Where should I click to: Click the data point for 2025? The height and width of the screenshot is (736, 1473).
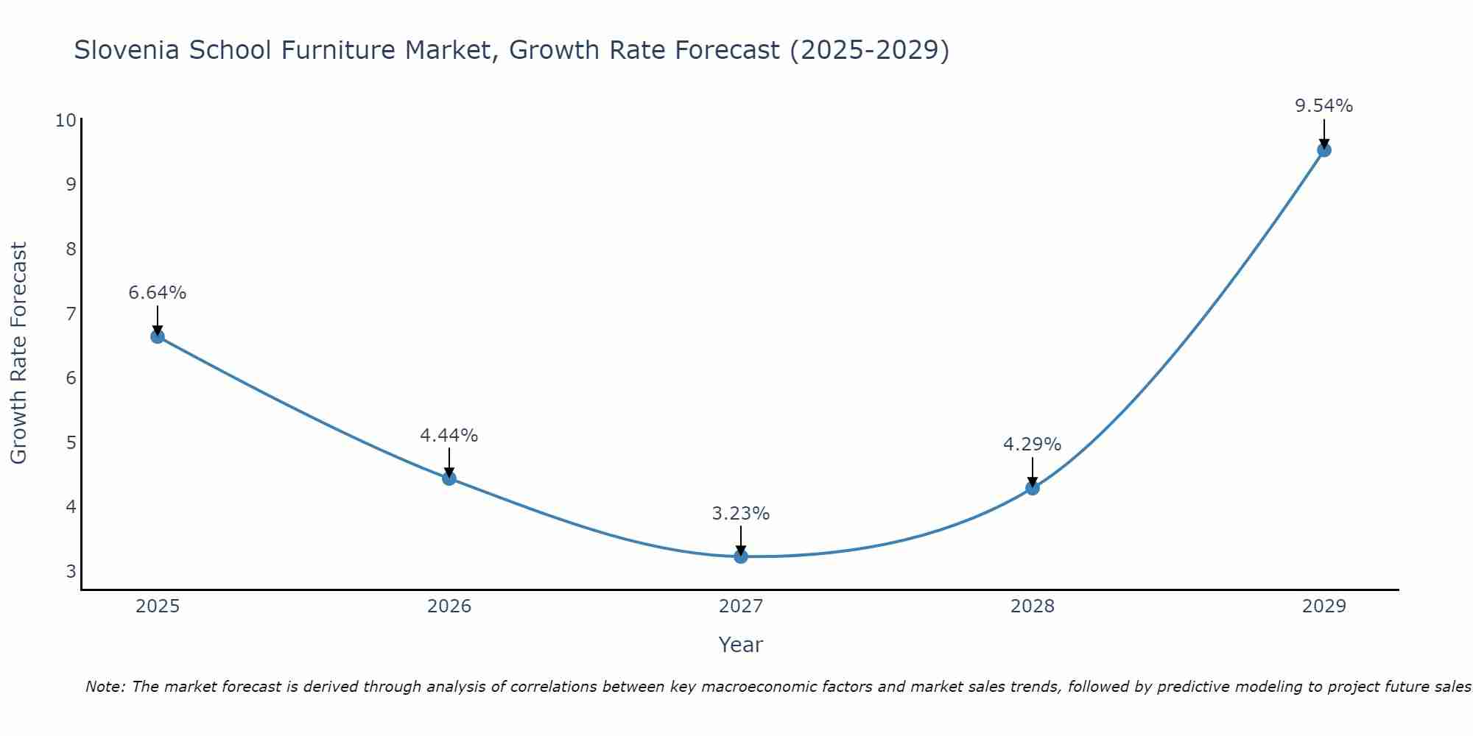click(x=157, y=336)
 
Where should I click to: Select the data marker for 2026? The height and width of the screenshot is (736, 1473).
click(x=449, y=478)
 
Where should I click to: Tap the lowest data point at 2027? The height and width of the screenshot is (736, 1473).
click(x=741, y=556)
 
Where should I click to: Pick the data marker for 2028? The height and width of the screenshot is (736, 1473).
click(x=1033, y=488)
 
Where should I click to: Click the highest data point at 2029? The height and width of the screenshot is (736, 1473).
click(x=1323, y=150)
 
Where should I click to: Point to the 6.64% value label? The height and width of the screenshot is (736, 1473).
click(x=157, y=293)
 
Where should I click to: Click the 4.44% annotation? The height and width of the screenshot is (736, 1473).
click(x=449, y=436)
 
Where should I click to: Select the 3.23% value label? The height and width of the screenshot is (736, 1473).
click(x=741, y=514)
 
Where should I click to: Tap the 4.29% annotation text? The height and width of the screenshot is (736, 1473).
click(x=1033, y=445)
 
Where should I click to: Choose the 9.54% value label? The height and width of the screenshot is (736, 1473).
click(x=1323, y=106)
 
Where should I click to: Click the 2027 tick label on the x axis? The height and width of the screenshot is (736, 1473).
click(x=741, y=606)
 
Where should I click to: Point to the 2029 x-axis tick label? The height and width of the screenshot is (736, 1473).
click(x=1323, y=606)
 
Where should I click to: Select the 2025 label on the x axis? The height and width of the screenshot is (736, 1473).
click(x=158, y=606)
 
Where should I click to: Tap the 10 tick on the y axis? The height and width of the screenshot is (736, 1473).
click(x=66, y=120)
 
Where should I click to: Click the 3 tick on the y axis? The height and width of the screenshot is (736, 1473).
click(x=71, y=571)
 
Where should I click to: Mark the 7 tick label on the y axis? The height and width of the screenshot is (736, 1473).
click(x=71, y=314)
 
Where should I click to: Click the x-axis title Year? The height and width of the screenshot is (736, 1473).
click(x=741, y=645)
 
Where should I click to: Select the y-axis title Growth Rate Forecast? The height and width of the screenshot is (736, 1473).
click(x=19, y=353)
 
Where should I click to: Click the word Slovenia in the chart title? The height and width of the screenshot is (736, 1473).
click(x=127, y=50)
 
